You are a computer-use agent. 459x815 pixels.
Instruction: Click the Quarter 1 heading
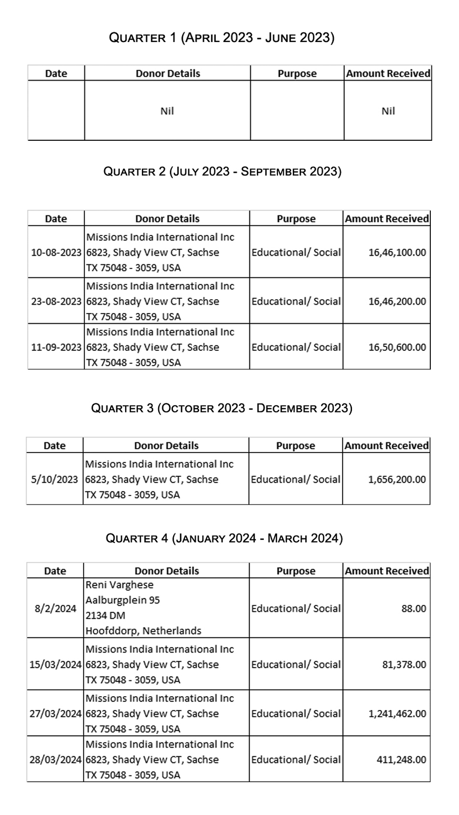(x=222, y=38)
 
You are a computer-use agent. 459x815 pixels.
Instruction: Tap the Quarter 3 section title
(x=222, y=408)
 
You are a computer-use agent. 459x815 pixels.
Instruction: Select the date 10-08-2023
(x=56, y=253)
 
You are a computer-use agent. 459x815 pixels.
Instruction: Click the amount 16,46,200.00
(x=397, y=302)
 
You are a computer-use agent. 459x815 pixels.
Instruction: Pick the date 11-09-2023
(x=56, y=348)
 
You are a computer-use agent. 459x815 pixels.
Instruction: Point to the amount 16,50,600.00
(x=397, y=348)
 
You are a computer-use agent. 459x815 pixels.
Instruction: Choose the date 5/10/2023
(x=54, y=479)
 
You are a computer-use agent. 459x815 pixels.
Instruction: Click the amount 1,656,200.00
(x=396, y=479)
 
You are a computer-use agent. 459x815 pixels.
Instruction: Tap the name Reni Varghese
(x=119, y=585)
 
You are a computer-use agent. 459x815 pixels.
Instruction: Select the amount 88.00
(x=414, y=609)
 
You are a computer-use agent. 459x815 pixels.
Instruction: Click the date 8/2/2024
(x=55, y=609)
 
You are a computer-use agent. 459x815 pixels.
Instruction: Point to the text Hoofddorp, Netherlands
(x=143, y=631)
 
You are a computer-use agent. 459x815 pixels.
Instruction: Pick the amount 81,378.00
(x=404, y=665)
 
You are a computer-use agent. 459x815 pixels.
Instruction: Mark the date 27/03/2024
(x=55, y=714)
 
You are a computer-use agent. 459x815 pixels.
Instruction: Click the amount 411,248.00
(x=401, y=760)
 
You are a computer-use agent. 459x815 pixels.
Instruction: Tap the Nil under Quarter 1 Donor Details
(x=167, y=111)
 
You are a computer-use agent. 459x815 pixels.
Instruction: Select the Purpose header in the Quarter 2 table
(x=296, y=219)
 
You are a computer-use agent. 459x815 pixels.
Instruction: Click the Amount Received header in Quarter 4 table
(x=387, y=571)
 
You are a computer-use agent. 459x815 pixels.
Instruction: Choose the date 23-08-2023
(x=56, y=302)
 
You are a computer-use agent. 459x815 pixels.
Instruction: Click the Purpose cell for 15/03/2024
(x=296, y=665)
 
